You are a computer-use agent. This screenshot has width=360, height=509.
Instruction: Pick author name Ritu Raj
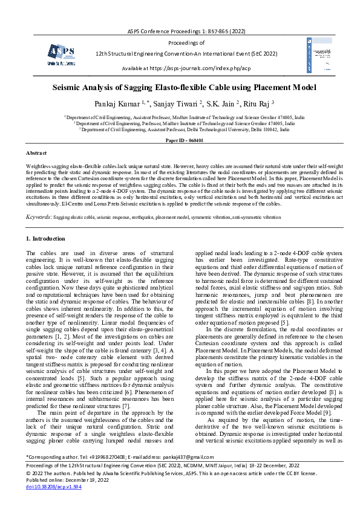tap(257, 103)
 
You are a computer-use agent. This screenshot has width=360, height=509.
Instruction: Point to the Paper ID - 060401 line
tap(180, 140)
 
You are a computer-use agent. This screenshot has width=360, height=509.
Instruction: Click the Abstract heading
tap(37, 154)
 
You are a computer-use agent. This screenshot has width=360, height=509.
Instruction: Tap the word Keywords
tap(39, 216)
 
